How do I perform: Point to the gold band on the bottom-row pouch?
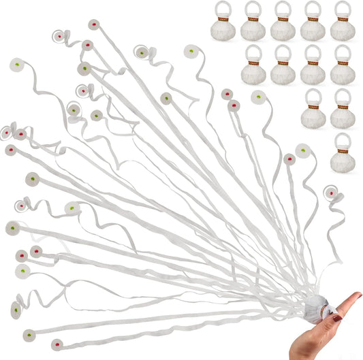point(343,150)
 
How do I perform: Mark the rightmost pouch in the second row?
point(343,68)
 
